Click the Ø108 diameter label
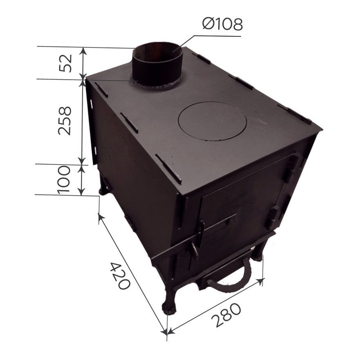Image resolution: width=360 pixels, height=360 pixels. [x=222, y=24]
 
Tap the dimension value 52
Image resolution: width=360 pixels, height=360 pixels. [x=65, y=63]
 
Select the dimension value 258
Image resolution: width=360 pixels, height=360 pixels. [x=65, y=121]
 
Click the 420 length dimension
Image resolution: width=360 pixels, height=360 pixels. [x=120, y=276]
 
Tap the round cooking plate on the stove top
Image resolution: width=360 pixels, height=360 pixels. [x=212, y=121]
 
